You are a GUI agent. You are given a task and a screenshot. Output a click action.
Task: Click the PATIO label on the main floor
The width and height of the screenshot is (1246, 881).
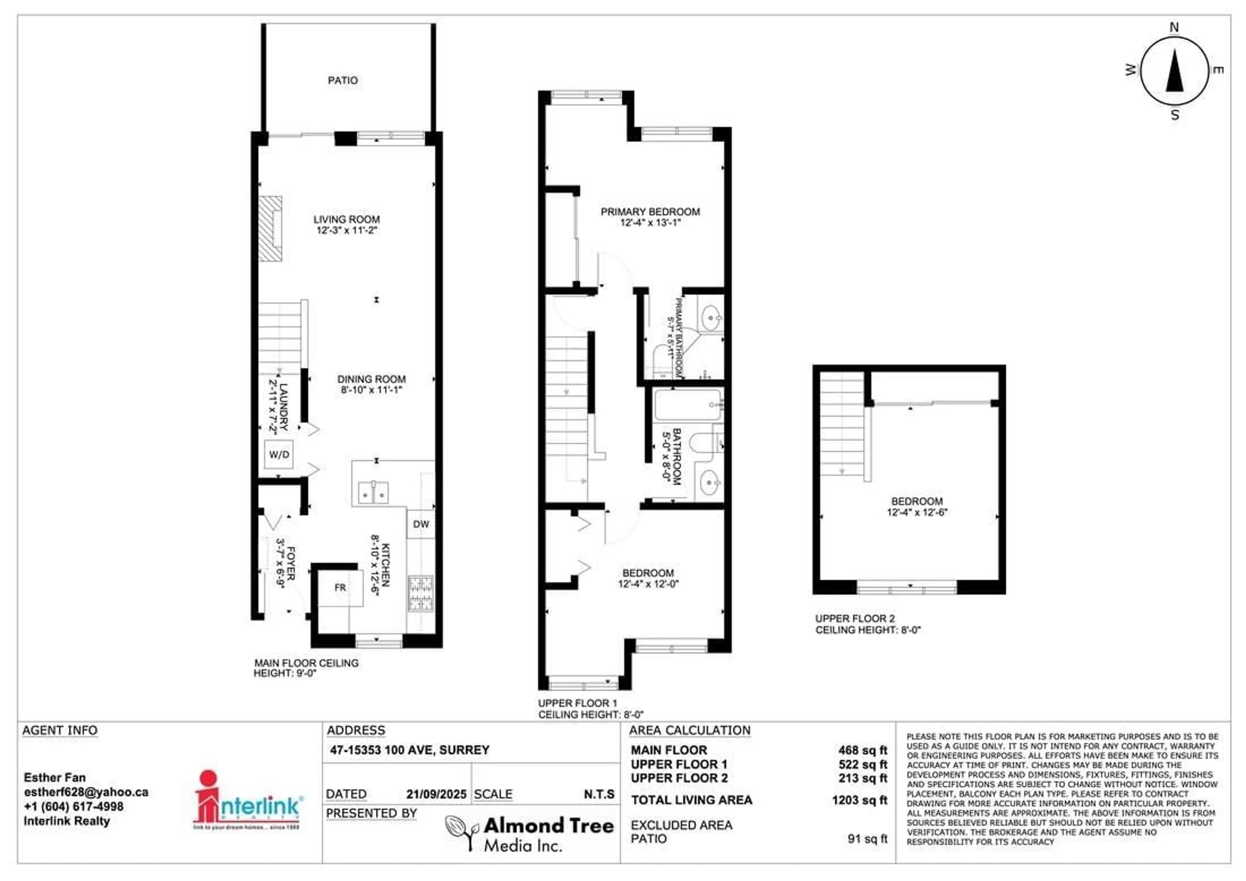(342, 80)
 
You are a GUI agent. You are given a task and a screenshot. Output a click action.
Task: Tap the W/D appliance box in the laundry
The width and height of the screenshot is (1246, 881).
(279, 454)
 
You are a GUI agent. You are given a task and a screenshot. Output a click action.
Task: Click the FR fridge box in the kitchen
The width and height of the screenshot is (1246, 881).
(340, 587)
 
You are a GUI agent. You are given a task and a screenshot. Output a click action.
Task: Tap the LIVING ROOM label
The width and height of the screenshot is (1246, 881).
(346, 219)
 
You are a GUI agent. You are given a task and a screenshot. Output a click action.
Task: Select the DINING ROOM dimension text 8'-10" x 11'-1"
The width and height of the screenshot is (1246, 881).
(371, 390)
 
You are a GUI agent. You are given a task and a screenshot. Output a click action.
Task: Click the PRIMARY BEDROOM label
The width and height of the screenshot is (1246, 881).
(650, 211)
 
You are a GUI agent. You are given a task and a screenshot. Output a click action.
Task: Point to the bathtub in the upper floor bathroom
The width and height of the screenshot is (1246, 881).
(688, 405)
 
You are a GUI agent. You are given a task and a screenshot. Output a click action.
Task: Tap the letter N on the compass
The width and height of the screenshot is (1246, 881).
(1174, 27)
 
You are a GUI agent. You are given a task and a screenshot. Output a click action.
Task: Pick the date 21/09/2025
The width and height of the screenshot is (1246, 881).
(436, 794)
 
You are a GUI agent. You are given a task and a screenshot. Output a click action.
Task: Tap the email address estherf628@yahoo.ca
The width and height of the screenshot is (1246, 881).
(86, 792)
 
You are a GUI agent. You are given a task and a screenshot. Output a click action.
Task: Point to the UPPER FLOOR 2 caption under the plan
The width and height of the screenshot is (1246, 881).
(855, 619)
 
